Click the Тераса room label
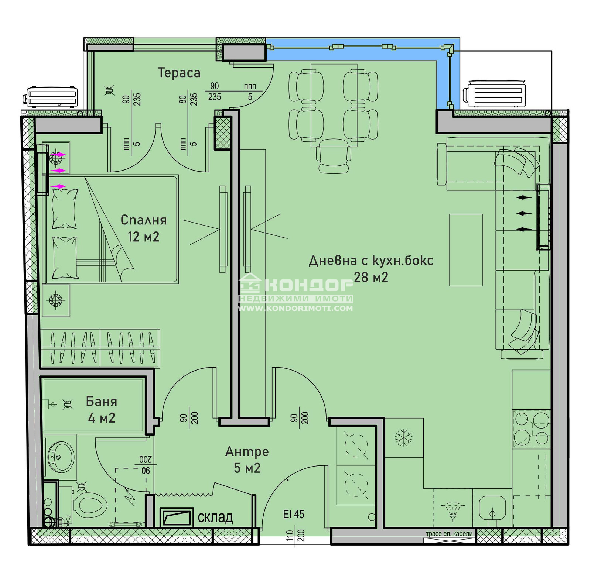(x=179, y=73)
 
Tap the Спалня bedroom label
(x=144, y=220)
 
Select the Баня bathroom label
(x=102, y=401)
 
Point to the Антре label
(x=247, y=452)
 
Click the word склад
(x=215, y=517)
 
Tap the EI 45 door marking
(x=294, y=514)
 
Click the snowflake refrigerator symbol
(x=403, y=437)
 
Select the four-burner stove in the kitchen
(x=532, y=429)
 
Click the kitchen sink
(x=492, y=507)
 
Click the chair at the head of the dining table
(x=334, y=156)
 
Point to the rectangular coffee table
(x=466, y=250)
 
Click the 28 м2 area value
(x=371, y=277)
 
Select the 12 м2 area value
(x=144, y=237)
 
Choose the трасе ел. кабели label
(x=449, y=534)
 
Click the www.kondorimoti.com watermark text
(x=295, y=308)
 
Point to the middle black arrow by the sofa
(x=524, y=213)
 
